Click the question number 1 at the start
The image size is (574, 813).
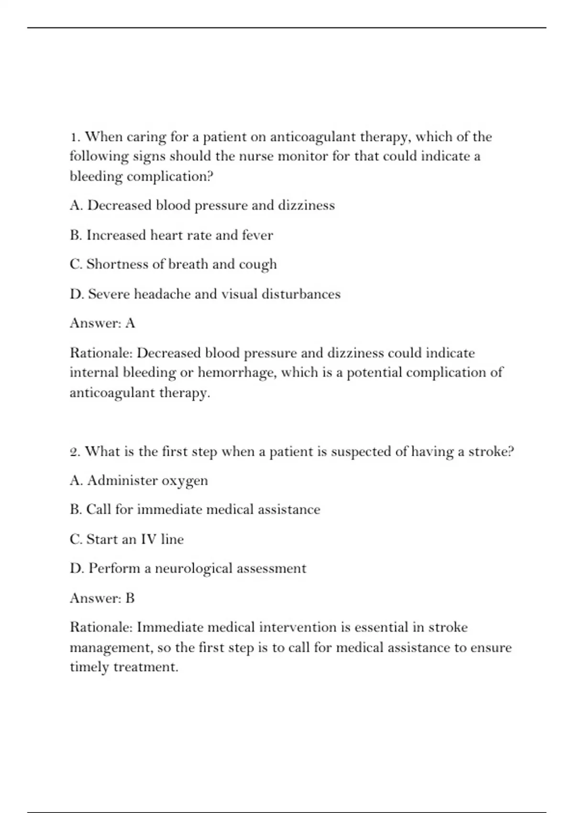pos(74,137)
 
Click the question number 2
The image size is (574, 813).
pos(75,452)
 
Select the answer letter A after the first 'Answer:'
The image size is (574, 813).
pos(130,324)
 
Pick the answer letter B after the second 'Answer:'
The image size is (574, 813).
pos(130,598)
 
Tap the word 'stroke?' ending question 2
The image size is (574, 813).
pos(491,452)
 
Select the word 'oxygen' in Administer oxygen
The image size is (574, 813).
pos(185,481)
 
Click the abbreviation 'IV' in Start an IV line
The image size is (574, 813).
pos(148,539)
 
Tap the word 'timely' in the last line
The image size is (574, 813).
pos(89,668)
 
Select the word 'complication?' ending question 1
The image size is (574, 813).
pos(170,177)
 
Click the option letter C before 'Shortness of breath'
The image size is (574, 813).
pos(76,264)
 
